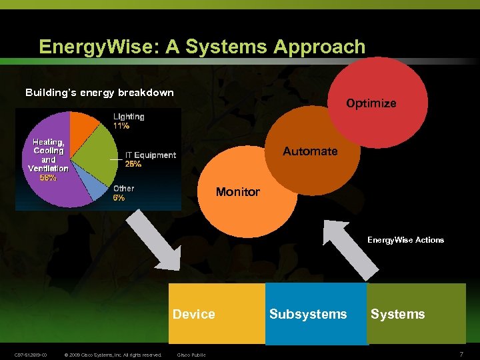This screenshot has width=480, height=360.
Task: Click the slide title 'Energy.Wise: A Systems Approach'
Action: click(x=202, y=47)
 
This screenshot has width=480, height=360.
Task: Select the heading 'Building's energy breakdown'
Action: click(x=99, y=93)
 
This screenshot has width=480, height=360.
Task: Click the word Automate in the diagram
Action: click(x=310, y=151)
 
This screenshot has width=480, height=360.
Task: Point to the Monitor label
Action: click(x=238, y=192)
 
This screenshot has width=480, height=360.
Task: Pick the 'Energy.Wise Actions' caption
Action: click(x=405, y=240)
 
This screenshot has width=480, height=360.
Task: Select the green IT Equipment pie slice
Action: click(x=91, y=157)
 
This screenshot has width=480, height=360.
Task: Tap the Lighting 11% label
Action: click(x=128, y=121)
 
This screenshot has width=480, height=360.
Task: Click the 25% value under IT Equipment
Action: click(x=133, y=164)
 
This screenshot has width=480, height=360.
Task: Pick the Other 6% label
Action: click(x=123, y=193)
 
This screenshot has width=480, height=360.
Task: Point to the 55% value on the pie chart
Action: click(x=48, y=178)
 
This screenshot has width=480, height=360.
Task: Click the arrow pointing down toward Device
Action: click(x=153, y=239)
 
